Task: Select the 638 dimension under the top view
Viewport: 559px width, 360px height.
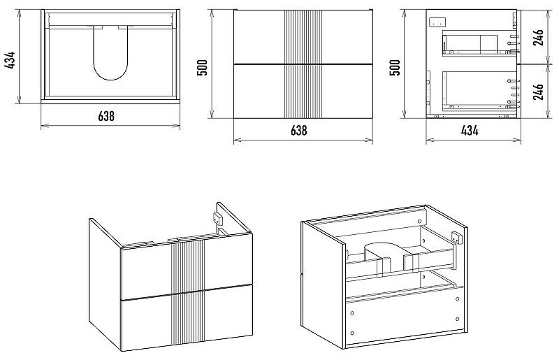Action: tap(111, 116)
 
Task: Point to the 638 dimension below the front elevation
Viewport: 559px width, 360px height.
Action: tap(298, 130)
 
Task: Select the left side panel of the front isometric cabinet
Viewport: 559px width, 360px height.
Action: tap(104, 280)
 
